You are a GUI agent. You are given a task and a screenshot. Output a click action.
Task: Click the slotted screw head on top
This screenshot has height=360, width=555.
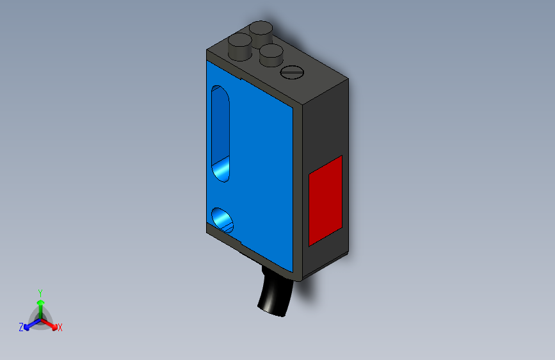pyautogui.click(x=292, y=72)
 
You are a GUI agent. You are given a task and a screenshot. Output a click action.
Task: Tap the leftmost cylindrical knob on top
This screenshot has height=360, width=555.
pyautogui.click(x=240, y=47)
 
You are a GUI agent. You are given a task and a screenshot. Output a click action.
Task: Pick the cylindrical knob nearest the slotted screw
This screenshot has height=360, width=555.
pyautogui.click(x=271, y=55)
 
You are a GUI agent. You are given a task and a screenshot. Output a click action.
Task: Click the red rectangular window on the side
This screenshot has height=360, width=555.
pyautogui.click(x=325, y=200)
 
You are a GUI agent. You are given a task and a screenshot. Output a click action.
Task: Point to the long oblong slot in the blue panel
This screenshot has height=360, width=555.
pyautogui.click(x=220, y=134)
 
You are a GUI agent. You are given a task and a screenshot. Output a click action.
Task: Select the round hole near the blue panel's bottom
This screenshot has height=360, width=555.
pyautogui.click(x=223, y=220)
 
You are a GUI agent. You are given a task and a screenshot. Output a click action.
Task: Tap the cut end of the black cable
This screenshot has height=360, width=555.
pyautogui.click(x=271, y=312)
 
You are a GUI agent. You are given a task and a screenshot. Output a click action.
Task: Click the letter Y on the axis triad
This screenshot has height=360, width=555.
pyautogui.click(x=40, y=293)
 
